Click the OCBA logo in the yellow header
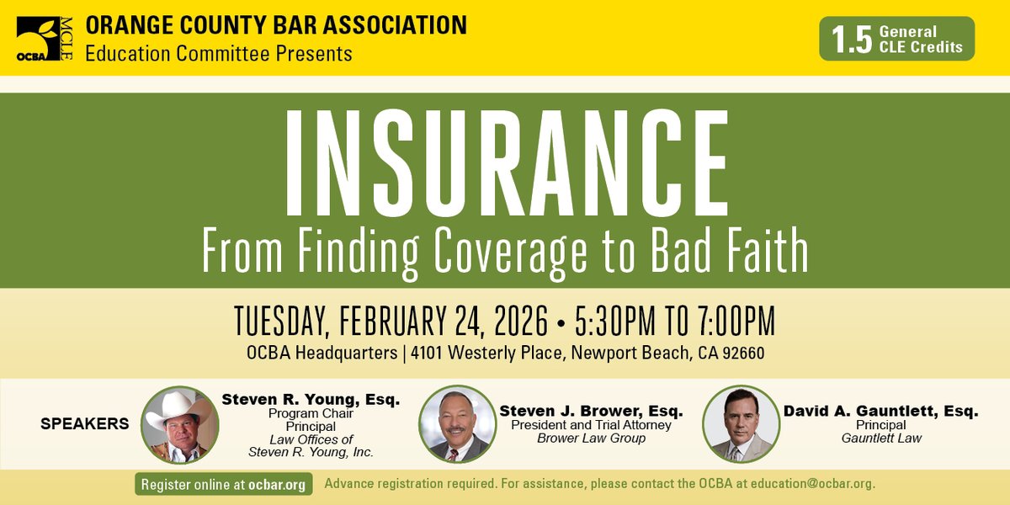44,40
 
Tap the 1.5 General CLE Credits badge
896,39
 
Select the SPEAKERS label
85,424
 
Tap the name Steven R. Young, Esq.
311,400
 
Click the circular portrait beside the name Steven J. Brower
457,424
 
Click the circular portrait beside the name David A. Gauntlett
740,424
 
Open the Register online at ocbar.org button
224,485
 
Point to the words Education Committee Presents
219,54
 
